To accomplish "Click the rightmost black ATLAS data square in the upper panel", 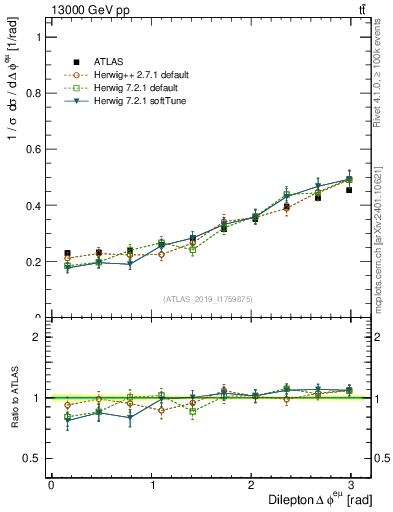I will coord(349,189).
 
